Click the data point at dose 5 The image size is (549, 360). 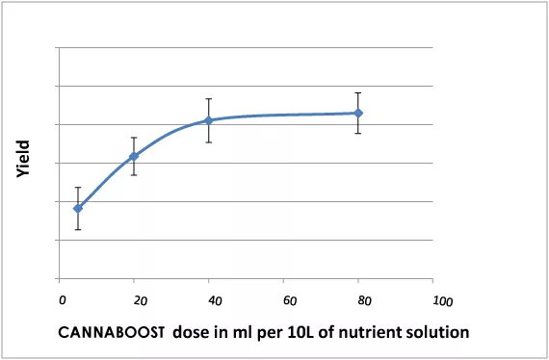point(78,208)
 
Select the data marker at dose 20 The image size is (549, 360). point(134,156)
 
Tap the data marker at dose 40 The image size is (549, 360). point(208,120)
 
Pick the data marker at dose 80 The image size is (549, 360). point(358,113)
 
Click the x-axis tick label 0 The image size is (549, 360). point(63,299)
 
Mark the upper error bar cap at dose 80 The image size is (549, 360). point(358,93)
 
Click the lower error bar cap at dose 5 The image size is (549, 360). point(78,229)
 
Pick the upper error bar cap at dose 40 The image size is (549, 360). point(208,99)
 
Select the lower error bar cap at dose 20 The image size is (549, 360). point(134,174)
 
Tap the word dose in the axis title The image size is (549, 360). point(191,332)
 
